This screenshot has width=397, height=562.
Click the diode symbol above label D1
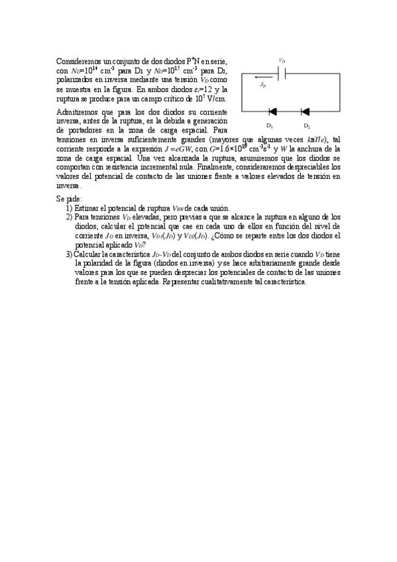coord(272,112)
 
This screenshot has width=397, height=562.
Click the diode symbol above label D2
coord(306,112)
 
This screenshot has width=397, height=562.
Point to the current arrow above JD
coord(264,78)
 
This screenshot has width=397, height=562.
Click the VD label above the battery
coord(282,60)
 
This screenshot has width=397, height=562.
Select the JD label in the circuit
coord(262,85)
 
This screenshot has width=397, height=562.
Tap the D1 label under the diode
coord(270,125)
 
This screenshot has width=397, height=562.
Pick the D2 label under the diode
coord(307,125)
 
